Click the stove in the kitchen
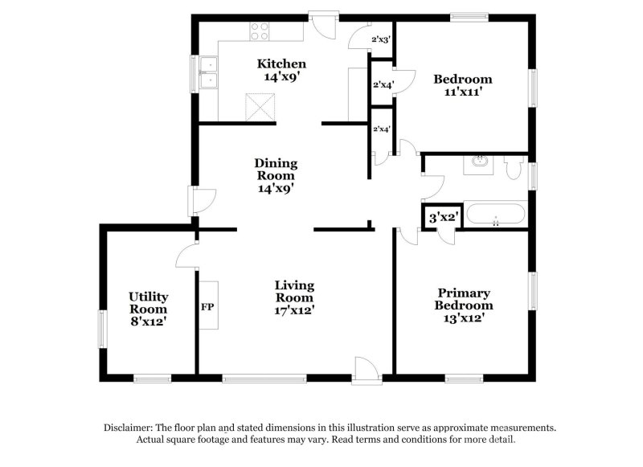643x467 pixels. click(259, 31)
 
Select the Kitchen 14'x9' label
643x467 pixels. click(281, 71)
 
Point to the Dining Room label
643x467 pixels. click(276, 175)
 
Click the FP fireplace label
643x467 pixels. click(207, 307)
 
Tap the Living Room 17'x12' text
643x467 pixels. click(294, 297)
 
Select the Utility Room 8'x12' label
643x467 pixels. click(149, 309)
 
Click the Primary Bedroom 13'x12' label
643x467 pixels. click(464, 305)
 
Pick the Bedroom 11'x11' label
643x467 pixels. click(462, 85)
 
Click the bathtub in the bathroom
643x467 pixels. click(496, 216)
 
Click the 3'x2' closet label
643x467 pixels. click(442, 217)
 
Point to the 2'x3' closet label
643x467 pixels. click(381, 39)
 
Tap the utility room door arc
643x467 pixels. click(186, 256)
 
